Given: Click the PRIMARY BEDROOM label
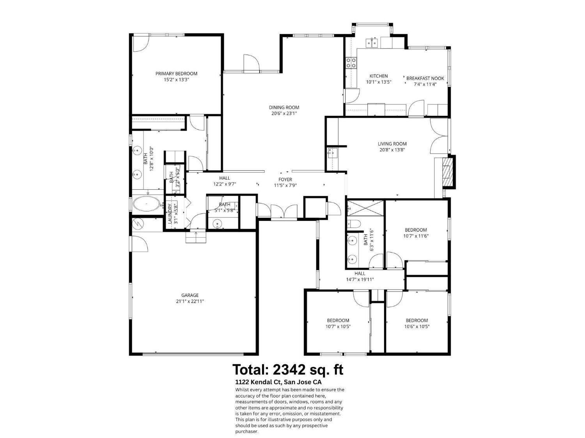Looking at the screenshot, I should [176, 74].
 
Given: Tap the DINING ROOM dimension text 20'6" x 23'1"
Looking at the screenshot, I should [284, 114].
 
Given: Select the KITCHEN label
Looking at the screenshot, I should [378, 76].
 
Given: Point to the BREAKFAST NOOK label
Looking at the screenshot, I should [425, 78].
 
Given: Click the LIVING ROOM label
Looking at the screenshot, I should [392, 144].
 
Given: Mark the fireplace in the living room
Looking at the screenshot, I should [447, 172].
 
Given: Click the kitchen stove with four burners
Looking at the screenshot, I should [351, 63].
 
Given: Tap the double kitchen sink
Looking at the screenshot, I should [371, 42].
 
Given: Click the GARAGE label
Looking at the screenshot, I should [190, 295].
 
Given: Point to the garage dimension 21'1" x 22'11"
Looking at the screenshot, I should [190, 301].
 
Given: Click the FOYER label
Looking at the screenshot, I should [285, 180].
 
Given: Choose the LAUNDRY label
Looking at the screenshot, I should [170, 214].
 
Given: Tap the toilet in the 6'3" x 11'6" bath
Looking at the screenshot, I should [353, 224].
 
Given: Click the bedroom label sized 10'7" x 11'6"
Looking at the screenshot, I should [416, 230].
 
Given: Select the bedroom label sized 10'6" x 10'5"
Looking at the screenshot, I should [417, 320].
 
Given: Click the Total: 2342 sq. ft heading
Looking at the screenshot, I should [288, 369].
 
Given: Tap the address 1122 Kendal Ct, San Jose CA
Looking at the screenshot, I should [278, 382].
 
